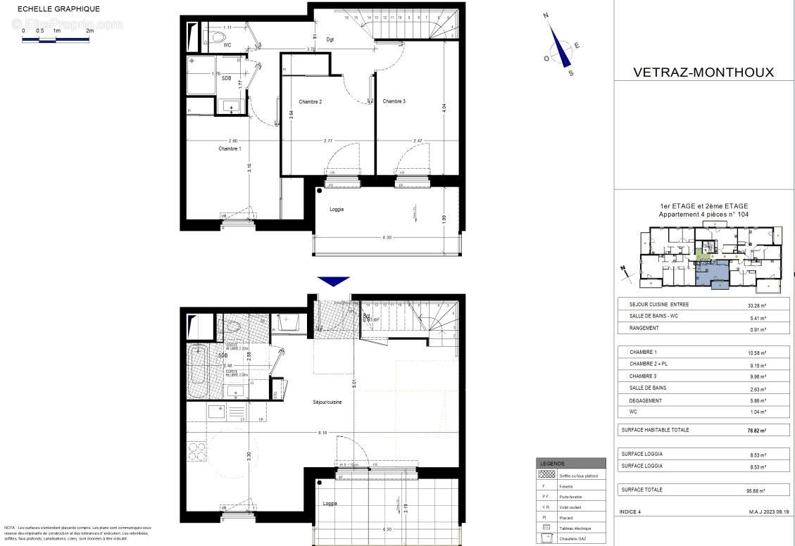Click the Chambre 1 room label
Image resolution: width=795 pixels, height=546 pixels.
pos(230,149)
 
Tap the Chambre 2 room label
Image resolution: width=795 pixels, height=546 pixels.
pos(310,102)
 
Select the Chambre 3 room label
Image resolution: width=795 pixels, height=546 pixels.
pos(394,101)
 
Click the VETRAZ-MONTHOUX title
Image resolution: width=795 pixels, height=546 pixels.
pos(694,72)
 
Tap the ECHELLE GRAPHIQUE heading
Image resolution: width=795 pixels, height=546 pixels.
pos(58,9)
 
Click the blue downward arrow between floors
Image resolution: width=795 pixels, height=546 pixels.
pos(333,281)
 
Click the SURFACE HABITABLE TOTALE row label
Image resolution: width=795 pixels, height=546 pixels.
pos(655,429)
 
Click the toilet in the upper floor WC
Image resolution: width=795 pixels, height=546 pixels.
pos(215,34)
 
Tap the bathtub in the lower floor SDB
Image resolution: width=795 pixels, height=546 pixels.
pos(199,371)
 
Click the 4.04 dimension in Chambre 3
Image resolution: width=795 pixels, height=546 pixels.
pos(444,109)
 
